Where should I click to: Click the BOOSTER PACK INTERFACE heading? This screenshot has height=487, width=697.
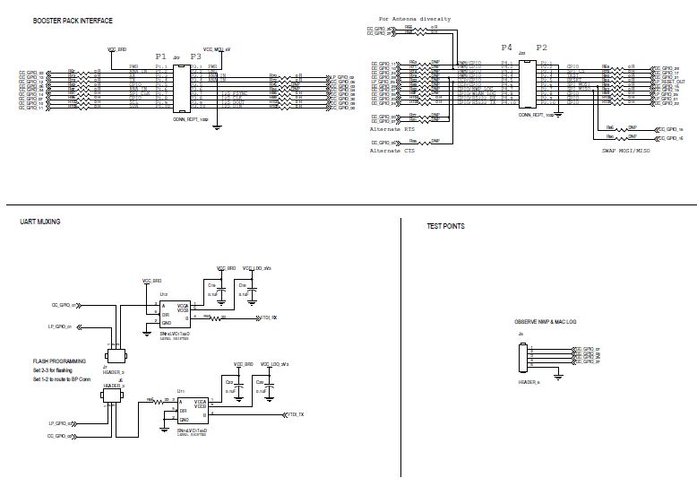73,21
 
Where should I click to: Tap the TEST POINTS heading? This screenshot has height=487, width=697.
445,227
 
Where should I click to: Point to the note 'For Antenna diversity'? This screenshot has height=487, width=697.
415,18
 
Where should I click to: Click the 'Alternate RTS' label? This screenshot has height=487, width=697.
392,129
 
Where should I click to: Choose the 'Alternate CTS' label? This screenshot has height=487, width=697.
392,151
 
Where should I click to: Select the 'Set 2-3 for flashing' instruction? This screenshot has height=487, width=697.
59,370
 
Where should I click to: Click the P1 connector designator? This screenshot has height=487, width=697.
161,56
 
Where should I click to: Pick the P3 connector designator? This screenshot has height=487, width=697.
196,56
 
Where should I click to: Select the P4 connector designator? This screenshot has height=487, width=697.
507,47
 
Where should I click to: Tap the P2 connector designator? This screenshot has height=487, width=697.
541,47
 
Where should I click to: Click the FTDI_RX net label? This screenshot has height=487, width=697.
268,317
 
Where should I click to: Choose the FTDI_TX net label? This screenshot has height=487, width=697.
296,414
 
